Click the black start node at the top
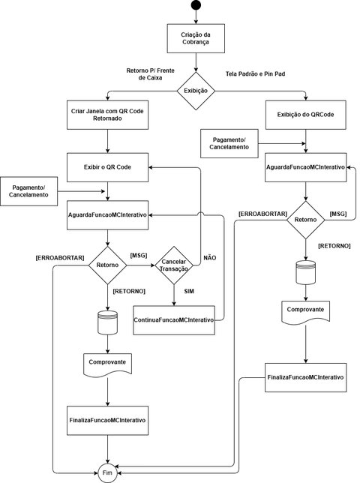tap(196, 7)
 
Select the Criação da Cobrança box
tap(196, 38)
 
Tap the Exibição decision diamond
tap(196, 91)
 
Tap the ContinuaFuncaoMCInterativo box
tap(174, 319)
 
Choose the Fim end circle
tap(108, 472)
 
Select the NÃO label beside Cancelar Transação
tap(210, 258)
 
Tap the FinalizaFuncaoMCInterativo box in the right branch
tap(305, 376)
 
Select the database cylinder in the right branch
tap(305, 272)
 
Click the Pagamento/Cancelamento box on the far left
tap(29, 190)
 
